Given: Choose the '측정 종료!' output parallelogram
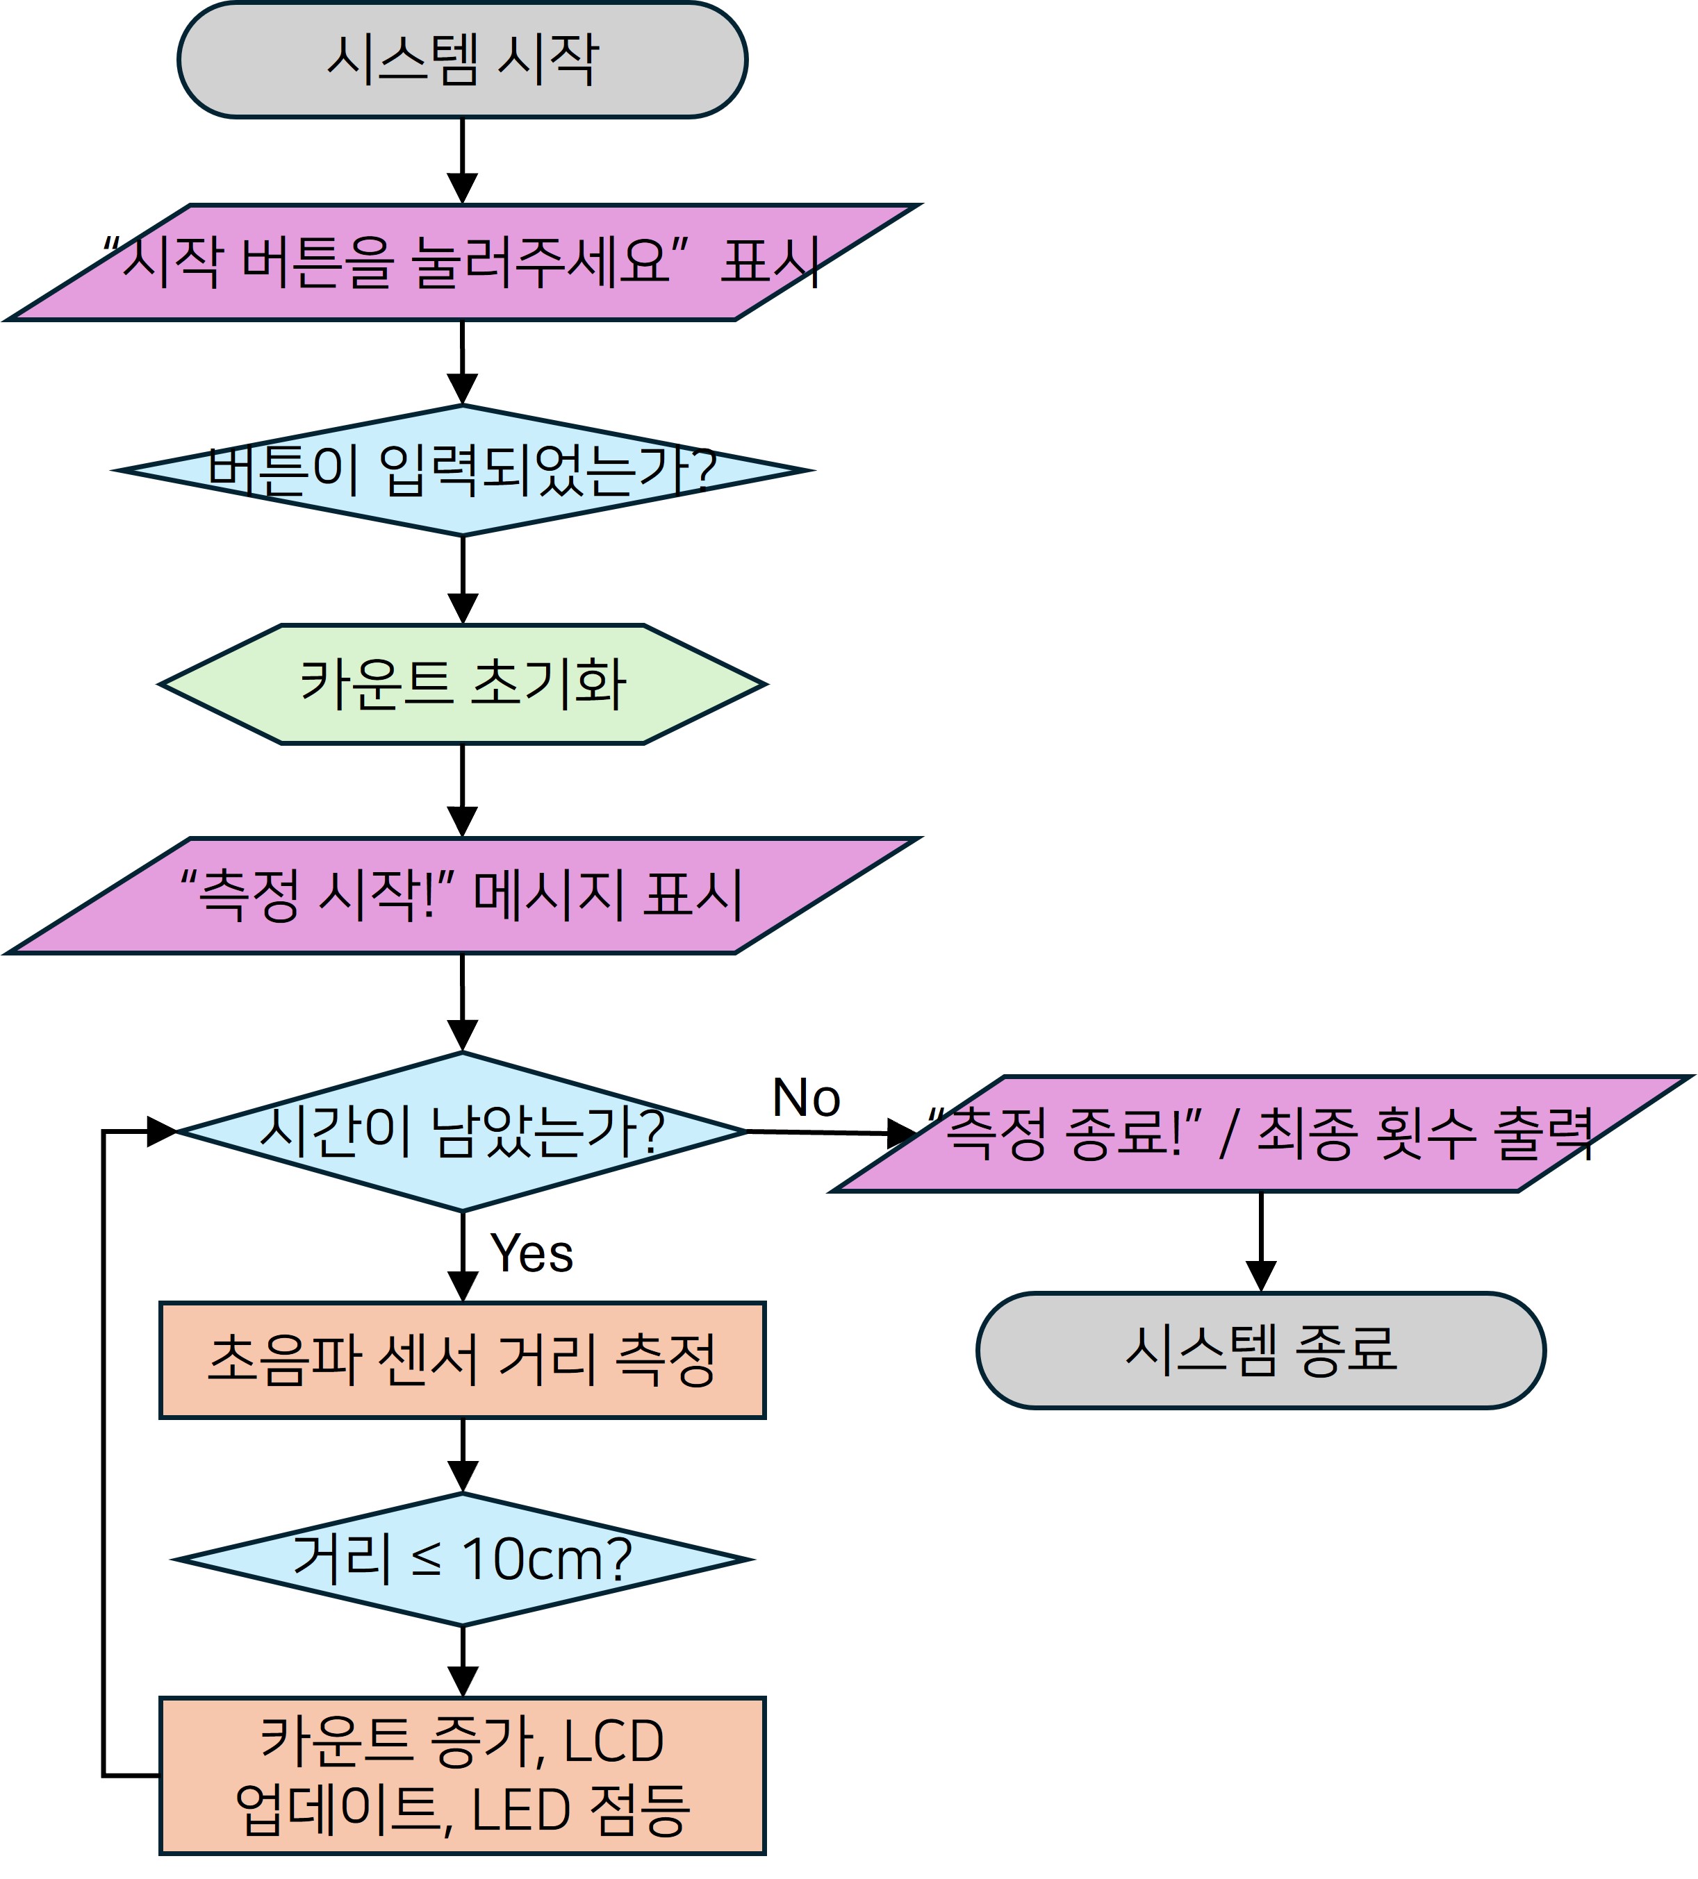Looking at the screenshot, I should tap(1261, 1133).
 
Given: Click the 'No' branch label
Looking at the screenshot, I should tap(806, 1098).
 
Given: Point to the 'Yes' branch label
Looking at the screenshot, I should tap(531, 1253).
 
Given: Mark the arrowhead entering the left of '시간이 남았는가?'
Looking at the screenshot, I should tap(160, 1132).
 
